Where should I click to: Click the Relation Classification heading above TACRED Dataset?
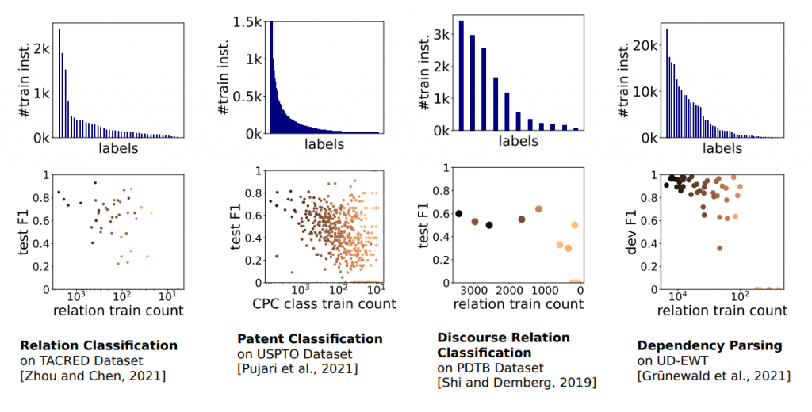pos(98,345)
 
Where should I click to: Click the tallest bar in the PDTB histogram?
pos(462,74)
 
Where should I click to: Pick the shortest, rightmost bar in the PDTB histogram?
pos(576,128)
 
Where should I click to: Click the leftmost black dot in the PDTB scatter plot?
pos(458,214)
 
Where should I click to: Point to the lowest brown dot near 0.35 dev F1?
pos(719,248)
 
